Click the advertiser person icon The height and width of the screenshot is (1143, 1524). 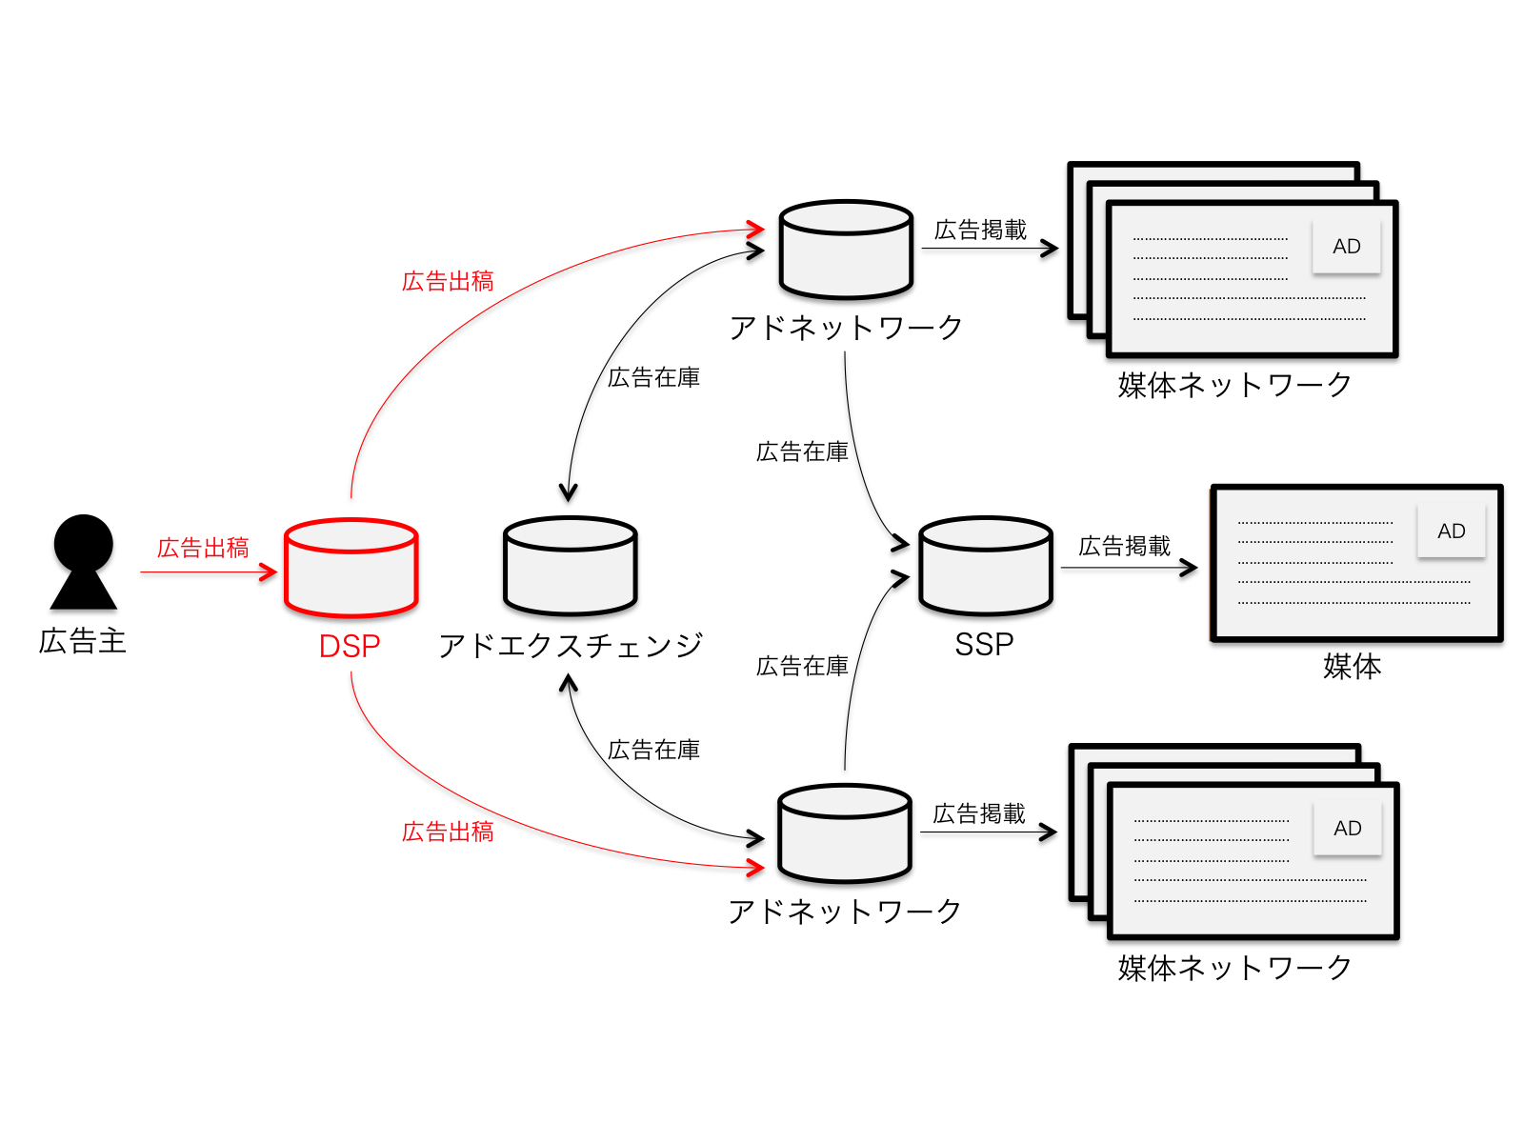tap(84, 562)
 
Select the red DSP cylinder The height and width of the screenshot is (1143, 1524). tap(351, 569)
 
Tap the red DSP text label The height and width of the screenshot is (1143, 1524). tap(350, 647)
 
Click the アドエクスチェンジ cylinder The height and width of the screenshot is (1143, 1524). tap(570, 567)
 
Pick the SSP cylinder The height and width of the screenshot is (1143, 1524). tap(986, 566)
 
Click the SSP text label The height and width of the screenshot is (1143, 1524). tap(984, 645)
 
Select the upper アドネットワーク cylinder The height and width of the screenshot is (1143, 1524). tap(846, 250)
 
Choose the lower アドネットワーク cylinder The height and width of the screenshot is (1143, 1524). tap(845, 833)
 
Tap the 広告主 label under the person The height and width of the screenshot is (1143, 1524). tap(83, 641)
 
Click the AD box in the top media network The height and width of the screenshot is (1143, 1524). tap(1346, 247)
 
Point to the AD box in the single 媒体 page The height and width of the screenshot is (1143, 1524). tap(1451, 531)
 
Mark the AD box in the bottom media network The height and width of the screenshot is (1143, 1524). tap(1347, 829)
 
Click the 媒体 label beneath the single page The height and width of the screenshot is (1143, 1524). tap(1352, 666)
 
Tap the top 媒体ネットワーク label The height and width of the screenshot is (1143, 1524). tap(1234, 385)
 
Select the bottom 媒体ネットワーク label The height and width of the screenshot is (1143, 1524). tap(1234, 968)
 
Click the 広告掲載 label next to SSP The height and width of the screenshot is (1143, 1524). tap(1124, 546)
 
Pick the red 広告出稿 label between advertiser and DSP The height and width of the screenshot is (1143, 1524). tap(203, 548)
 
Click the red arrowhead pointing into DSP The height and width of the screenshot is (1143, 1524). tap(269, 572)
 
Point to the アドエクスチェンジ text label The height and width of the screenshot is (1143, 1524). tap(570, 646)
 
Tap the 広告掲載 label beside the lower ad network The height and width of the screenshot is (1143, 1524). tap(979, 813)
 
